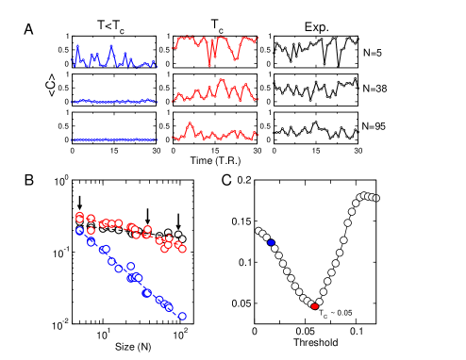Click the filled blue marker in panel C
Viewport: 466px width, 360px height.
[x=272, y=242]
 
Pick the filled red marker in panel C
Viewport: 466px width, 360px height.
[x=314, y=306]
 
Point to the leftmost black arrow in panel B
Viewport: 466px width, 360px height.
[x=80, y=202]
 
